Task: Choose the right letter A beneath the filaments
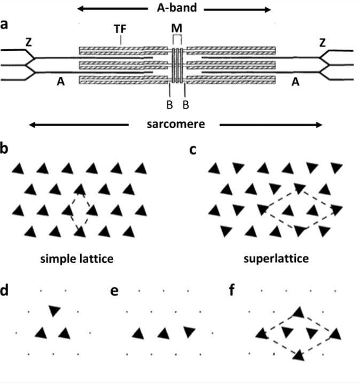pos(296,82)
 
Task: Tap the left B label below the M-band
pos(169,104)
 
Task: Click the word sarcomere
pos(175,124)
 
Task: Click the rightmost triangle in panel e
pos(189,333)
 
